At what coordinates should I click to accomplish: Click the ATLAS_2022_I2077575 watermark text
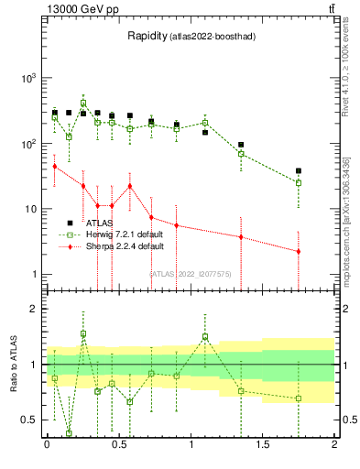tap(191, 273)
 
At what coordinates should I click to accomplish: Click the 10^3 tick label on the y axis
tap(29, 79)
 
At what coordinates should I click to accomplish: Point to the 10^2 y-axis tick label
tap(29, 144)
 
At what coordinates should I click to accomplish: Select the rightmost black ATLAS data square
tap(299, 170)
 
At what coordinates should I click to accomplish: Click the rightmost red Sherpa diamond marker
tap(299, 251)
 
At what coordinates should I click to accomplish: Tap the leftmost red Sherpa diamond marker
tap(54, 166)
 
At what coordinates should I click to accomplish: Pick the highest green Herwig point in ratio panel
tap(83, 334)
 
